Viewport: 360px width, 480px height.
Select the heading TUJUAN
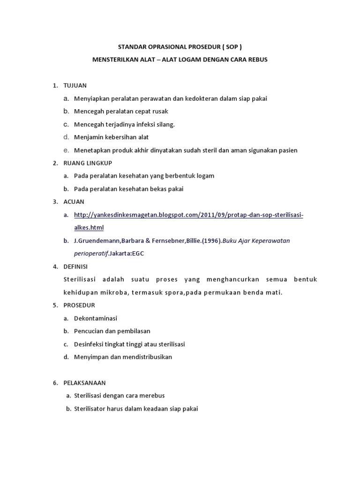(75, 85)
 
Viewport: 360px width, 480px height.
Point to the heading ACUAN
(74, 202)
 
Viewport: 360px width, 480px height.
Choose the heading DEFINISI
(76, 266)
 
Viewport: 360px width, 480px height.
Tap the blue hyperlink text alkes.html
(89, 228)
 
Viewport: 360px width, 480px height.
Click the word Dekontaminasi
(96, 318)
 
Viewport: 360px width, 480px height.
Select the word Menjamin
(88, 137)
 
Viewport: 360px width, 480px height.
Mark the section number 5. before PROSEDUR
(55, 305)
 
